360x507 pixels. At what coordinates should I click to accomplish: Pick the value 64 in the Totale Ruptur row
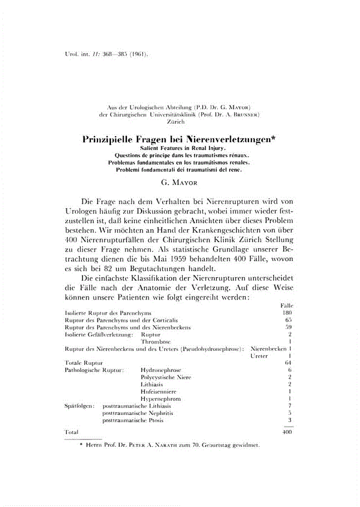tap(289, 363)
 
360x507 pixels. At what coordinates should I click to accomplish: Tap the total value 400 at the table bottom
tap(287, 432)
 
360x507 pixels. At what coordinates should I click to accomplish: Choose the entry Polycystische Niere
tap(166, 377)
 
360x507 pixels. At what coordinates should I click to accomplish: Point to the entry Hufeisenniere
tap(159, 392)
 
